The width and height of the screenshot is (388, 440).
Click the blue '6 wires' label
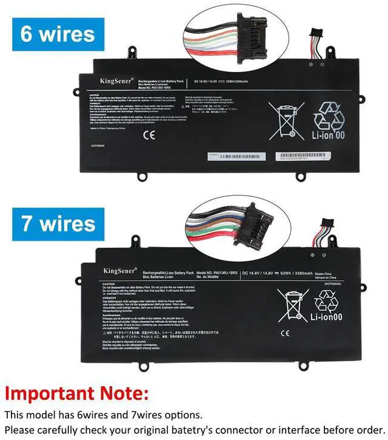(58, 33)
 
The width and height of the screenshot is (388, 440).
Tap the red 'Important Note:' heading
(76, 393)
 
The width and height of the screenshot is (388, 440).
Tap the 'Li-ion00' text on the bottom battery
(327, 316)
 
